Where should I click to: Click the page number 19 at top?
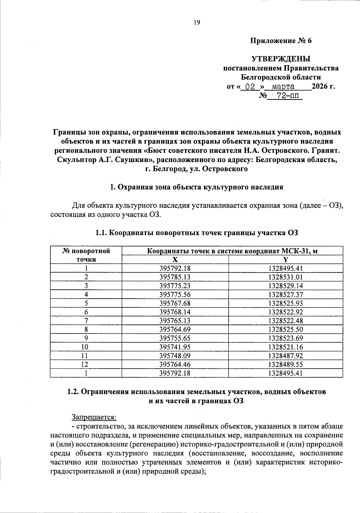197,23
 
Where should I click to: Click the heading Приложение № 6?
281,41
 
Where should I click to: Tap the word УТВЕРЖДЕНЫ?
281,59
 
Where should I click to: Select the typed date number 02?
250,87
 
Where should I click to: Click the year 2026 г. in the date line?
323,87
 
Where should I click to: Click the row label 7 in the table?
86,321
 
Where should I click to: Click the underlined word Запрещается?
94,417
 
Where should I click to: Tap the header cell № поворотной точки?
86,255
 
